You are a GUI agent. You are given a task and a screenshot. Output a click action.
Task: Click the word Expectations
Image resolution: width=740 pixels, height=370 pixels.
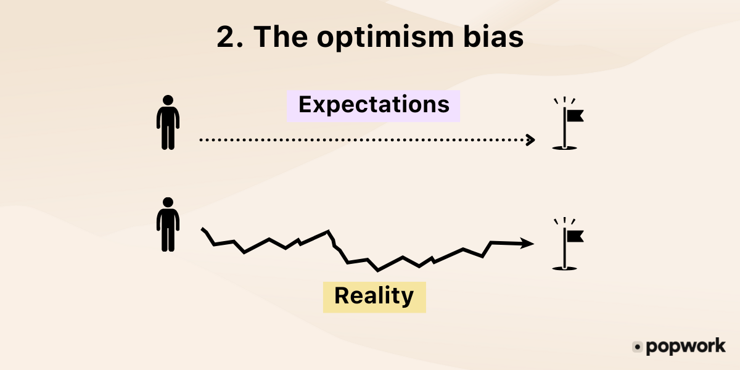pyautogui.click(x=374, y=105)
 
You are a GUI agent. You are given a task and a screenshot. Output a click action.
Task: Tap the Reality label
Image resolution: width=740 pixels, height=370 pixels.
pyautogui.click(x=374, y=296)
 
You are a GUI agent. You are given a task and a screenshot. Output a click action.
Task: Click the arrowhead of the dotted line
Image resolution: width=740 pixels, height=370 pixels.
pyautogui.click(x=530, y=140)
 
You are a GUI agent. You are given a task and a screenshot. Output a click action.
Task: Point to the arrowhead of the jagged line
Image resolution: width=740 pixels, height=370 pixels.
pyautogui.click(x=527, y=244)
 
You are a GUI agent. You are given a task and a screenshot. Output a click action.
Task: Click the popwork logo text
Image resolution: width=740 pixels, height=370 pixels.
pyautogui.click(x=685, y=347)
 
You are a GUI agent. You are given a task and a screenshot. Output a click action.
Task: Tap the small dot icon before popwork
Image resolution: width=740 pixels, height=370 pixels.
pyautogui.click(x=638, y=347)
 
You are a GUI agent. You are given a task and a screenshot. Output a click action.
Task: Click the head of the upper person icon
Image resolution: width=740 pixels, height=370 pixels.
pyautogui.click(x=167, y=101)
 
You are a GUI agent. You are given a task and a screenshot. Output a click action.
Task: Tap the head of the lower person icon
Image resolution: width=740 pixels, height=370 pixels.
pyautogui.click(x=167, y=203)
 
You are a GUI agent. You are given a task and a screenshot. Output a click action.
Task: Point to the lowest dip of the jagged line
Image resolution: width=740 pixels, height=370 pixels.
pyautogui.click(x=377, y=269)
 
